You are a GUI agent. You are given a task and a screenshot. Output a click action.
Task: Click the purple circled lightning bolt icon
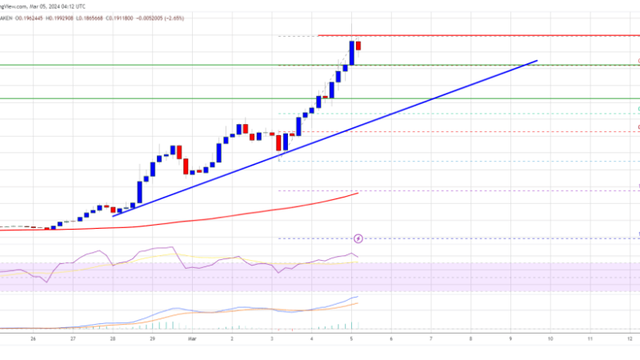[358, 238]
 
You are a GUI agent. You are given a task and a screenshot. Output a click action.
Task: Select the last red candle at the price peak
[358, 46]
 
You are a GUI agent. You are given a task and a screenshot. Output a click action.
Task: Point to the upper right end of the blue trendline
[536, 61]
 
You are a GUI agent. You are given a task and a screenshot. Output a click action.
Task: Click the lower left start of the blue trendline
[114, 215]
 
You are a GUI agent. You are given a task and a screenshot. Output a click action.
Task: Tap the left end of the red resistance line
[319, 36]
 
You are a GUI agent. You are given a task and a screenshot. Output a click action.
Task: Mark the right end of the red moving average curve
[358, 193]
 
